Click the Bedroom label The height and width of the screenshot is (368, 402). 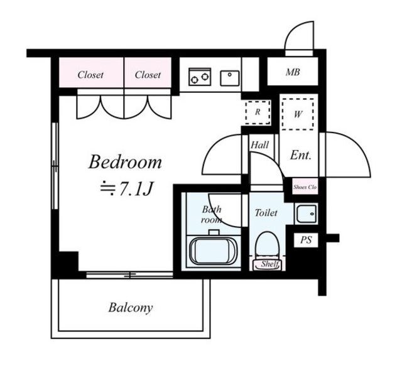point(125,161)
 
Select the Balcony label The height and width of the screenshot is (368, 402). point(131,308)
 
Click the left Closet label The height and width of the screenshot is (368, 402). point(90,75)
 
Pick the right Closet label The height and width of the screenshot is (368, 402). point(148,75)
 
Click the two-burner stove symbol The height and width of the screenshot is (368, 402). point(200,77)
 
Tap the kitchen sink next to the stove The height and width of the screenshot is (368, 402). point(230,78)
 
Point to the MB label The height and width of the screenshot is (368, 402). point(293,72)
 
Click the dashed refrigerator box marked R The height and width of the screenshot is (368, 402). point(258,112)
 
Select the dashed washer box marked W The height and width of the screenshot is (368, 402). point(298,114)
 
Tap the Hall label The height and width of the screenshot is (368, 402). point(259,145)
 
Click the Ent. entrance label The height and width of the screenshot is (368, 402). point(300,155)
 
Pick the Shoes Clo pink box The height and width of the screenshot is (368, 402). point(305,187)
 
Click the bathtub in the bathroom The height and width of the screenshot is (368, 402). point(212,251)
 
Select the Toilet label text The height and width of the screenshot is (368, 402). point(266,213)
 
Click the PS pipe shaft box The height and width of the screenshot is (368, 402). point(306,240)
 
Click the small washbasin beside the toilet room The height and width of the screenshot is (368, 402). point(307,214)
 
